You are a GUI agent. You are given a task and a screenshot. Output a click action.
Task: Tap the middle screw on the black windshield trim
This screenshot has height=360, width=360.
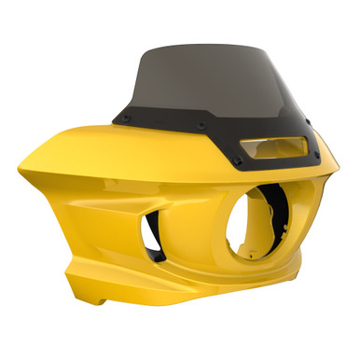(201, 122)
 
